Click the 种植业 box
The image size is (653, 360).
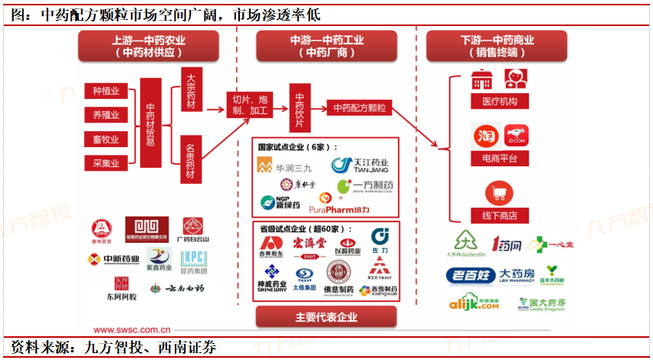[x=106, y=92]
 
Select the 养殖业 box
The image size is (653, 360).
[x=106, y=116]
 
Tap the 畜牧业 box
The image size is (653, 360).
[x=106, y=139]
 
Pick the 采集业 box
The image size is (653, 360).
[x=106, y=162]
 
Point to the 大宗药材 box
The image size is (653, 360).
[x=191, y=91]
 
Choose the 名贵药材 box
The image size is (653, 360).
[x=191, y=160]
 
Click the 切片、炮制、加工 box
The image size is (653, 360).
[x=248, y=105]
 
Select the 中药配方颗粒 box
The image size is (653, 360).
[x=359, y=108]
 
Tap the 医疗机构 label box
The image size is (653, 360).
[x=500, y=102]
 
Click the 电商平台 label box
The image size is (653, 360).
[x=500, y=159]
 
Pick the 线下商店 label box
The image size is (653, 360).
[x=500, y=215]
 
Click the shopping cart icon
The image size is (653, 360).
[x=499, y=193]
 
